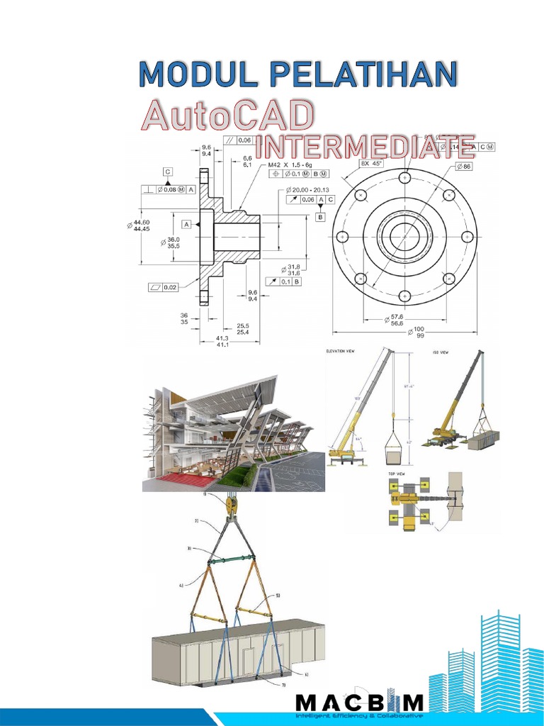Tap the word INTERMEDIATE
coord(364,147)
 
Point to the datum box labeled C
coord(168,172)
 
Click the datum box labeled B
coord(320,217)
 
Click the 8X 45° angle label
coord(370,163)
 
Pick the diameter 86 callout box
coord(464,166)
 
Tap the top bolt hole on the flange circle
coord(404,178)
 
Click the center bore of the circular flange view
coord(404,236)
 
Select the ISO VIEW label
coord(440,351)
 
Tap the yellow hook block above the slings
coord(229,506)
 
